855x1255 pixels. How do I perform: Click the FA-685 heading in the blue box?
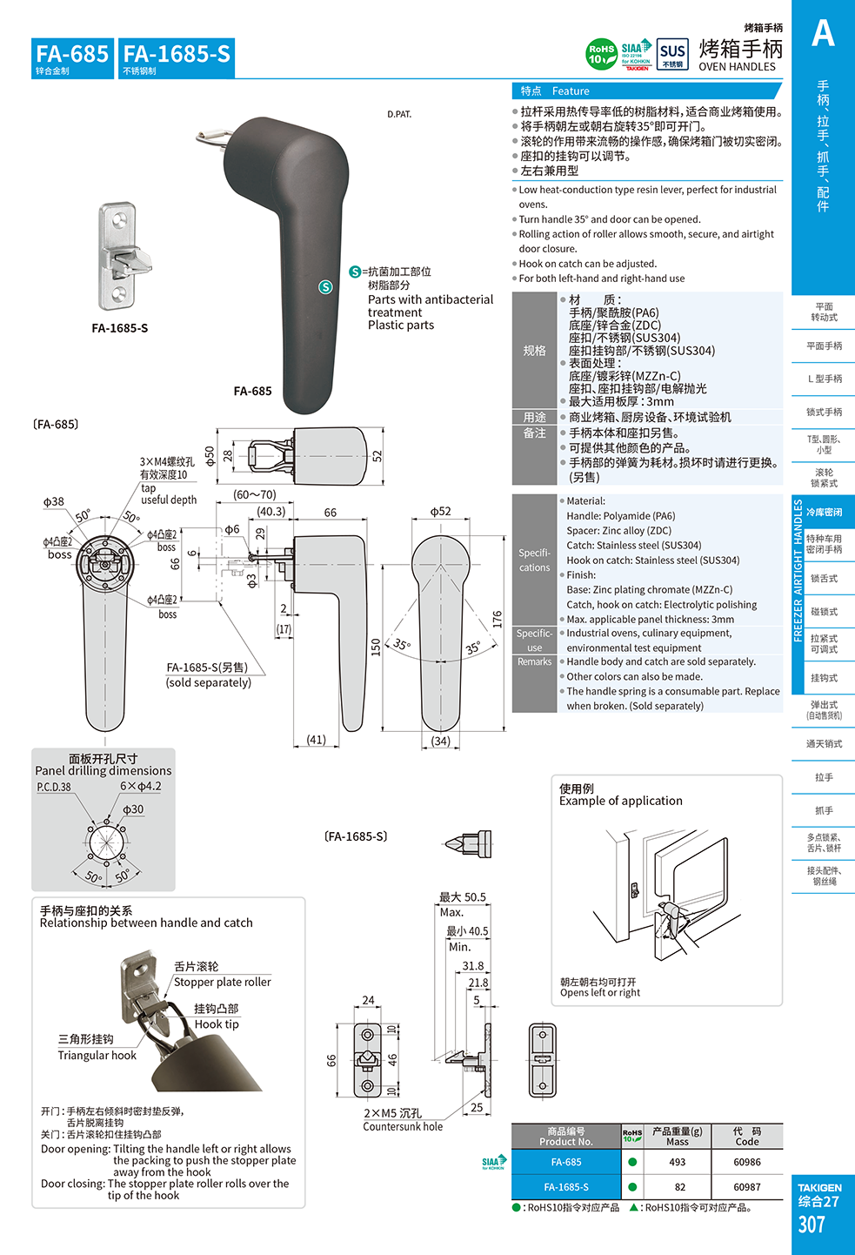click(x=72, y=54)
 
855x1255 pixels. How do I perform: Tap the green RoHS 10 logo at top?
click(x=601, y=54)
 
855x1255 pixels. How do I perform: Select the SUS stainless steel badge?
click(x=672, y=54)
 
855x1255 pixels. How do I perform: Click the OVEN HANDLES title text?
click(x=737, y=67)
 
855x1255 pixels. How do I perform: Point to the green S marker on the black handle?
click(x=325, y=286)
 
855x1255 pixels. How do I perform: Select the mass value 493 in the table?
click(x=677, y=1162)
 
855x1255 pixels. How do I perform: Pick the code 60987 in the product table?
click(x=746, y=1187)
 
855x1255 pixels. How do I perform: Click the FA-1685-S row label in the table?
click(x=565, y=1187)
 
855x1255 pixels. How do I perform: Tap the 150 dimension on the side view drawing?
click(x=376, y=647)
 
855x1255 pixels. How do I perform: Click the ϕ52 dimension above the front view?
click(x=441, y=512)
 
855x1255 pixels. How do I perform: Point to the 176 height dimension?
click(x=498, y=620)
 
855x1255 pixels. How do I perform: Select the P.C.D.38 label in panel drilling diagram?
click(x=54, y=787)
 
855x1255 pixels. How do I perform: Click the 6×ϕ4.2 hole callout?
click(x=140, y=786)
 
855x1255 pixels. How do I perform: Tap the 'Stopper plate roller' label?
click(x=222, y=982)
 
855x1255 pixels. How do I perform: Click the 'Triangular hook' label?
click(x=97, y=1055)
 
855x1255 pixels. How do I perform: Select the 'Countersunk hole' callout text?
click(x=403, y=1126)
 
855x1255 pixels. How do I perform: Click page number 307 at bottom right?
click(x=811, y=1225)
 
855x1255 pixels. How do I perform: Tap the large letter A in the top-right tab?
click(x=823, y=34)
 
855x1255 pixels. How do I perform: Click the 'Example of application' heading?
click(x=620, y=801)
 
